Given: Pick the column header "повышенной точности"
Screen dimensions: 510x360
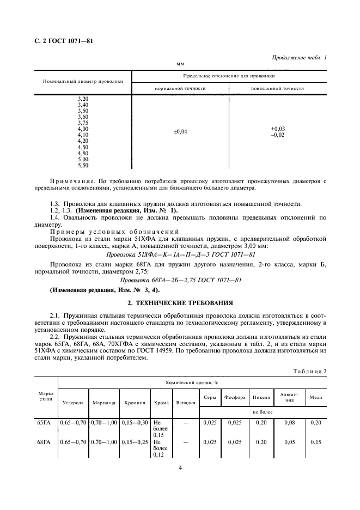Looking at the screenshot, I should coord(277,88).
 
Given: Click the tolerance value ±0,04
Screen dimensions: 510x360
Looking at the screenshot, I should coord(180,131).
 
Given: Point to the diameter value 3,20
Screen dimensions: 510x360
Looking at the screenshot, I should coord(83,98).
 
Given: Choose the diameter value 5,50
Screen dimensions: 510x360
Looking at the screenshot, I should coord(83,165).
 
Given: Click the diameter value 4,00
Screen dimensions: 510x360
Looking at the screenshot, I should coord(83,129).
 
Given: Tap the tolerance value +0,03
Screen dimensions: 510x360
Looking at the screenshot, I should coord(277,129).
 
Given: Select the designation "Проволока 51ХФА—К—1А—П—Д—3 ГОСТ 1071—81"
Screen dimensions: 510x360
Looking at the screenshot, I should coord(179,254).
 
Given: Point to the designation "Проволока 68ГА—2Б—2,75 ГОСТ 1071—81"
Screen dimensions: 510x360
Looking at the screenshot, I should coord(180,280).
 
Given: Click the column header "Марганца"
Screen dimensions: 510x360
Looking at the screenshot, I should coord(104,403).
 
